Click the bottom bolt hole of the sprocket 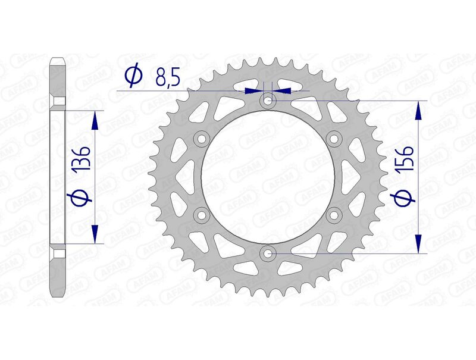tap(268, 255)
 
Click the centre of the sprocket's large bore tap(268, 177)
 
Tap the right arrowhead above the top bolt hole tap(283, 91)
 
